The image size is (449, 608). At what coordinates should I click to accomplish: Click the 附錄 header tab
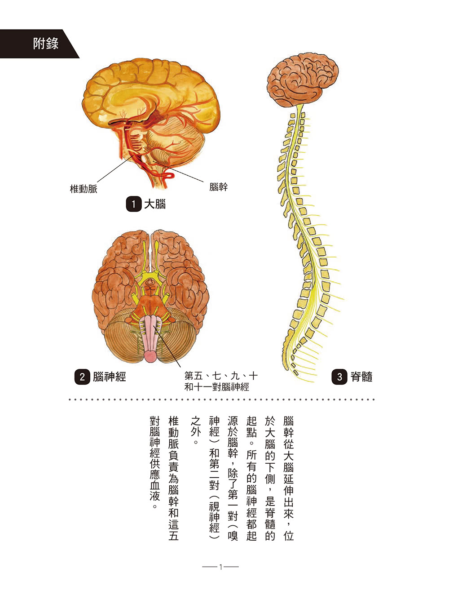pyautogui.click(x=45, y=44)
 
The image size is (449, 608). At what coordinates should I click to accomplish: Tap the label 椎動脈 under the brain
pyautogui.click(x=84, y=189)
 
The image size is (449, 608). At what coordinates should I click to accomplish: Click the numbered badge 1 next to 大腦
pyautogui.click(x=133, y=204)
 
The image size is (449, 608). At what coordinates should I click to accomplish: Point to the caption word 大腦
pyautogui.click(x=155, y=204)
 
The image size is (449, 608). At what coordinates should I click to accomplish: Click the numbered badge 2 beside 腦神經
pyautogui.click(x=82, y=377)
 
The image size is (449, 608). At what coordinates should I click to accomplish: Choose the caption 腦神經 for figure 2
pyautogui.click(x=110, y=377)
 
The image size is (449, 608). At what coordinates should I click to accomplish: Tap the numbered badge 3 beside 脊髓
pyautogui.click(x=339, y=377)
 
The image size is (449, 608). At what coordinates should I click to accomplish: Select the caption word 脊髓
pyautogui.click(x=361, y=377)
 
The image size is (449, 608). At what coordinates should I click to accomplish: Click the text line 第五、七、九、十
pyautogui.click(x=221, y=376)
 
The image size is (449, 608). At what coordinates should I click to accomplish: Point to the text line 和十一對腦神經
pyautogui.click(x=217, y=387)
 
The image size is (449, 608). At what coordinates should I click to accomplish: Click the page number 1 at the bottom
pyautogui.click(x=220, y=567)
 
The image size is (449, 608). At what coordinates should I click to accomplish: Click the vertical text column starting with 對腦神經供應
pyautogui.click(x=155, y=463)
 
